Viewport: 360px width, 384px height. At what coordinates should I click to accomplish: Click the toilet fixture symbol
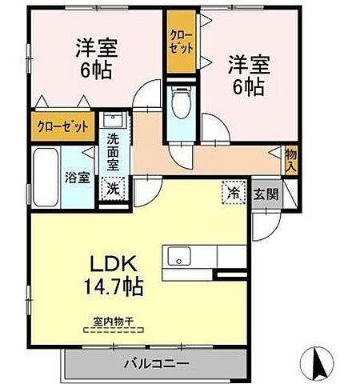[181, 102]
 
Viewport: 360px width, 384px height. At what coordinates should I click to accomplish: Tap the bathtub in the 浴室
[46, 178]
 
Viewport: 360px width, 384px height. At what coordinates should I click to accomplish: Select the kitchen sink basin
[179, 256]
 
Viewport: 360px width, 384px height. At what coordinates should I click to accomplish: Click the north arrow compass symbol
[317, 363]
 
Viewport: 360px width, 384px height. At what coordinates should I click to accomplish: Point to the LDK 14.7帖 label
[114, 275]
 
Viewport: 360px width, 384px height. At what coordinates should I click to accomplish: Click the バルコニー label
[157, 364]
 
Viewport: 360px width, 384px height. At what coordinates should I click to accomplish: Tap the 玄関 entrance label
[266, 194]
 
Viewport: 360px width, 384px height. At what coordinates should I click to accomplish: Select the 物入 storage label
[291, 160]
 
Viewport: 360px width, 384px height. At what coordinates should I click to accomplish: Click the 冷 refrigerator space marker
[234, 192]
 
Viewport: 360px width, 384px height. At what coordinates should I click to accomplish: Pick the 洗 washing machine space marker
[114, 189]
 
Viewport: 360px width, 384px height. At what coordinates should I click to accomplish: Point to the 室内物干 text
[113, 322]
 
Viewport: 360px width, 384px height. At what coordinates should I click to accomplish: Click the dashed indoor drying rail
[114, 330]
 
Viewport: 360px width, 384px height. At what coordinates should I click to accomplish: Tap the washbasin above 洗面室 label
[114, 120]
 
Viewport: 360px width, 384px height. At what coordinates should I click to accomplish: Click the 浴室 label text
[78, 178]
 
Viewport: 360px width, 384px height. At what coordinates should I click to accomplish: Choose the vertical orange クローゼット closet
[181, 42]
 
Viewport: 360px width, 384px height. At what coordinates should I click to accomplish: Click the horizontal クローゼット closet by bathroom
[62, 126]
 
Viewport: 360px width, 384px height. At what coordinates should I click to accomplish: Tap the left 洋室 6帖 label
[96, 58]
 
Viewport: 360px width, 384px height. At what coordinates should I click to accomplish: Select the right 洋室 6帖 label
[249, 75]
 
